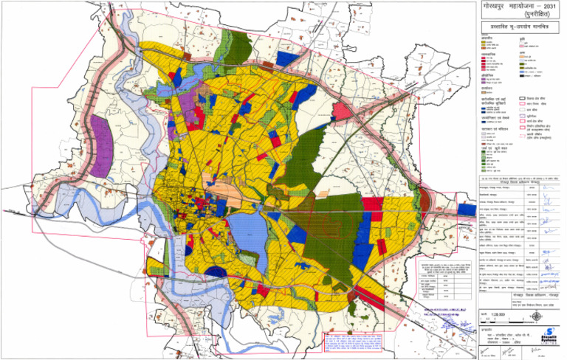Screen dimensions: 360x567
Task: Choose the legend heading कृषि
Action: pyautogui.click(x=520, y=39)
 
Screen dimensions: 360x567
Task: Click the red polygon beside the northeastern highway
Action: pyautogui.click(x=341, y=111)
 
